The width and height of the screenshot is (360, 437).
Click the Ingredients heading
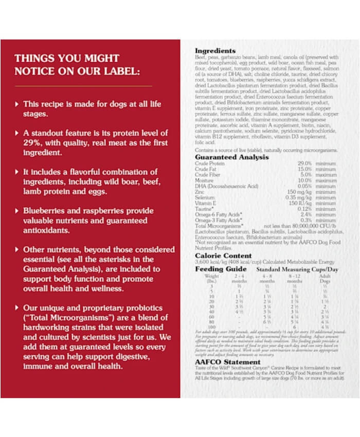[x=215, y=51]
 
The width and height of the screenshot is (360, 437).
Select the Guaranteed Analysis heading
[x=231, y=157]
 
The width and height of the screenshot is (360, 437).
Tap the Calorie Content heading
[x=223, y=256]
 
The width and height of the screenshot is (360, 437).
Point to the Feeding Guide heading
[x=221, y=269]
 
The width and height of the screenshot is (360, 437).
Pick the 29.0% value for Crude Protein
[x=305, y=163]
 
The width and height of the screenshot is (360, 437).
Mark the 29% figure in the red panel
[x=33, y=143]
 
